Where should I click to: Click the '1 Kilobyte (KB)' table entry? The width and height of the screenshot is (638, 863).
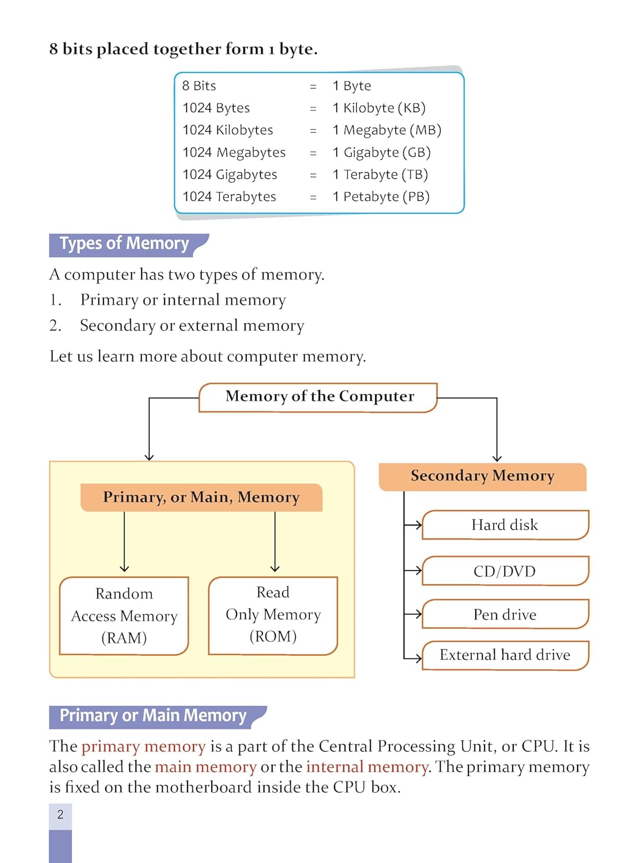point(379,108)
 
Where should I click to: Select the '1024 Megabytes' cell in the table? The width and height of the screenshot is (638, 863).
point(234,152)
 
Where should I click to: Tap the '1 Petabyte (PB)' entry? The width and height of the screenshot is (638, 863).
point(381,197)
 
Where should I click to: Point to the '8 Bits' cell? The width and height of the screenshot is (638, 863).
point(199,86)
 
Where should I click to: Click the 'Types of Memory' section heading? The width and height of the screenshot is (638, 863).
point(125,244)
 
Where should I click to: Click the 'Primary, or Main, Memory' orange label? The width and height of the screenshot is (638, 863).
point(201,498)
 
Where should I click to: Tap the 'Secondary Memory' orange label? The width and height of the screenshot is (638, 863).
point(482,476)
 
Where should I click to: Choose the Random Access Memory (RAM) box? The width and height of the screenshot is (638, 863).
point(124,616)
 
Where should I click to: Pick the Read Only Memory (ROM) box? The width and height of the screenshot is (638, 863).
point(273,615)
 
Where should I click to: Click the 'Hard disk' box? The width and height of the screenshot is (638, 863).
point(505,525)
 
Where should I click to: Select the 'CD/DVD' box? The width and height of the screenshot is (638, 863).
point(505,571)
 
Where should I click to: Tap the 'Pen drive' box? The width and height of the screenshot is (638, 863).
point(505,614)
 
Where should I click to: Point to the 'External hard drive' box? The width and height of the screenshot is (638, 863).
point(505,655)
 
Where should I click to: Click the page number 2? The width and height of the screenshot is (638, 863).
point(60,815)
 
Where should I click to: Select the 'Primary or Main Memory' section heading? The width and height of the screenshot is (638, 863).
point(153,716)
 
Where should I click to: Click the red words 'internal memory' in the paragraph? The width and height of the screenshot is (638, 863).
point(367,767)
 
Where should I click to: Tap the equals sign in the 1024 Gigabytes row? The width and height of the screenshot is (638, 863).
point(313,175)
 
